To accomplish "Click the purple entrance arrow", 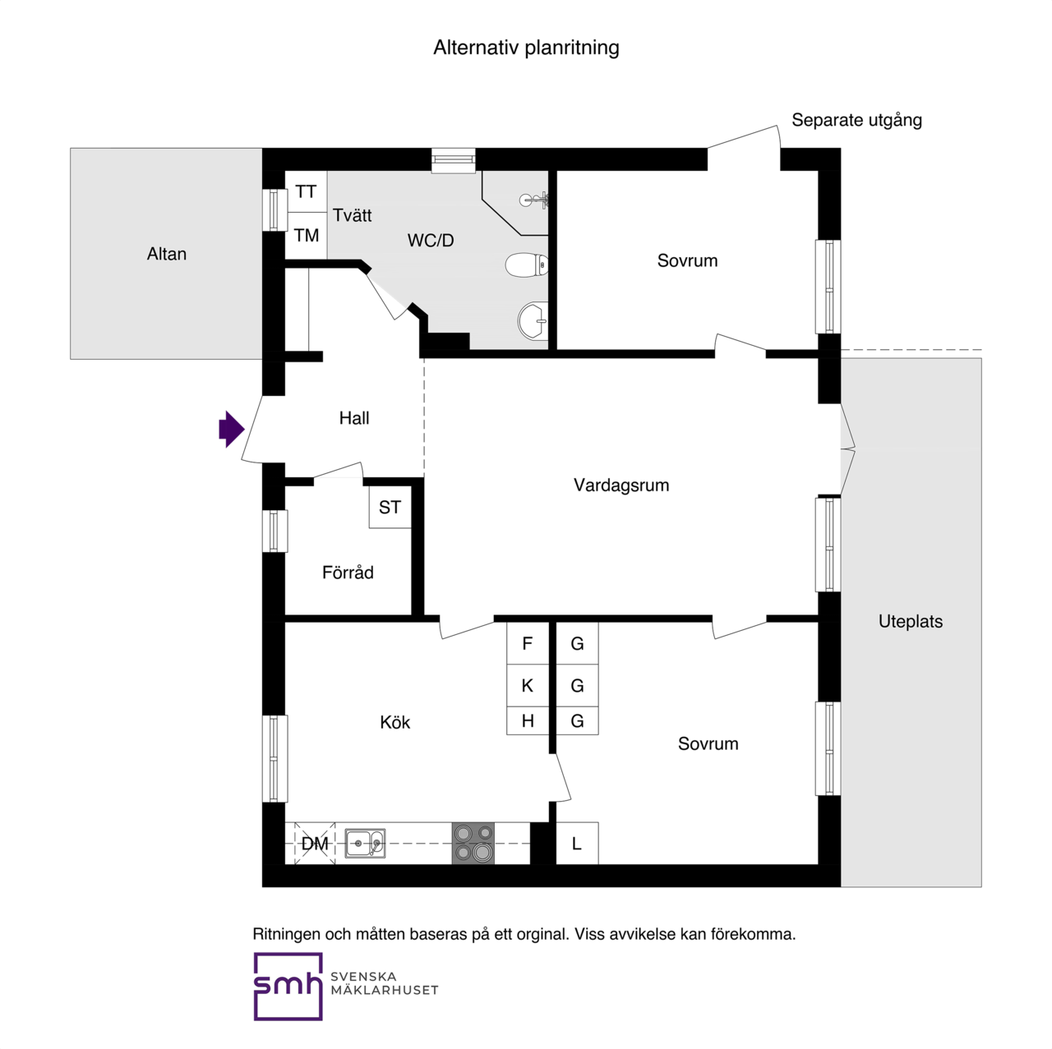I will [x=231, y=429].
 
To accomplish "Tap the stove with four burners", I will [x=473, y=843].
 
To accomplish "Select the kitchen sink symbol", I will [x=365, y=844].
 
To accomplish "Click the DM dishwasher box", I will [x=315, y=844].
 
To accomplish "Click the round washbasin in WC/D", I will [x=533, y=321].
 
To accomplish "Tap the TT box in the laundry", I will [x=306, y=192].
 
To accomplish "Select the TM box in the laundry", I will [x=306, y=236].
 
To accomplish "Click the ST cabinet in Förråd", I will [x=390, y=508].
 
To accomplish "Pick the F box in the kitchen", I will [x=528, y=643].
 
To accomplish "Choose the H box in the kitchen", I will [x=528, y=720].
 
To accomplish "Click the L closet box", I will [x=577, y=844].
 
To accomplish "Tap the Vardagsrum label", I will [x=621, y=485].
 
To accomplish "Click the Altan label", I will [x=167, y=255].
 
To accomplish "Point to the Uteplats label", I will [x=911, y=622].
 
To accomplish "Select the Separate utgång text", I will [x=856, y=121].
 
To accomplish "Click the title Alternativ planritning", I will [x=526, y=48].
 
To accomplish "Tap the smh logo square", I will [x=288, y=986].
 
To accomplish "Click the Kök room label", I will [x=394, y=723].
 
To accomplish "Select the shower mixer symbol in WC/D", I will [x=534, y=200].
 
